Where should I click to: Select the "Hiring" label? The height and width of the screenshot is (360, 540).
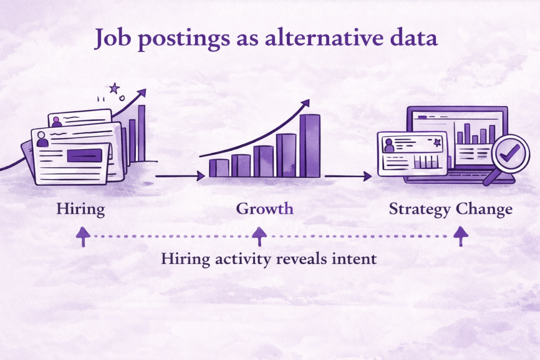[81, 209]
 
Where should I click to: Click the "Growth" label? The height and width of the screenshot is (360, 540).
[265, 209]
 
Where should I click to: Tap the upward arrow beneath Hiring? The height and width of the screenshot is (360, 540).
[81, 237]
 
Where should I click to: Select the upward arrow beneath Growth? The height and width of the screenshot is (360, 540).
[258, 237]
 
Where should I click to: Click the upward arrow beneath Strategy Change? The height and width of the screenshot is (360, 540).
[460, 237]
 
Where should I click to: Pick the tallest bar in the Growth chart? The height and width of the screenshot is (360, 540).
[310, 145]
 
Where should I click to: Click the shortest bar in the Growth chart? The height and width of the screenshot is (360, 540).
[219, 168]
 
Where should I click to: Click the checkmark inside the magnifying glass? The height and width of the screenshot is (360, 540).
[510, 153]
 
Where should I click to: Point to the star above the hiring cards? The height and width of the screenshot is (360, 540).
[114, 88]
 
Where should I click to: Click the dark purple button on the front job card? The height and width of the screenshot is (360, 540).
[84, 155]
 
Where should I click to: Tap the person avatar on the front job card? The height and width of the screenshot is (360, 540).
[42, 140]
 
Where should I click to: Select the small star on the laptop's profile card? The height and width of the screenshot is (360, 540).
[436, 142]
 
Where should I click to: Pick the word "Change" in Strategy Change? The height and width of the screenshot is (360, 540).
[484, 209]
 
